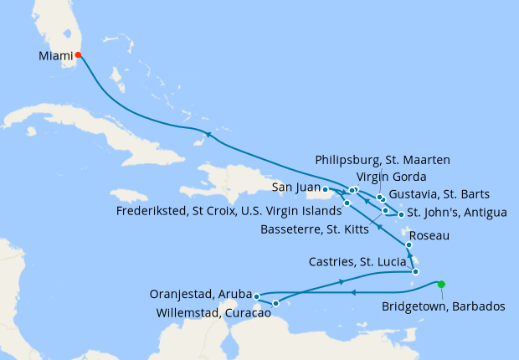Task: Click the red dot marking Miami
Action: (78, 55)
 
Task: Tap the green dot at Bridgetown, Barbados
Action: (441, 284)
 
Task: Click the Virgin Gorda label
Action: (392, 177)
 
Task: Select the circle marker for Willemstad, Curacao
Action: (275, 302)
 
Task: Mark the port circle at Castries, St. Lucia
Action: (415, 271)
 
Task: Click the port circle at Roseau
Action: (409, 244)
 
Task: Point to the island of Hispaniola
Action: (226, 180)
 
